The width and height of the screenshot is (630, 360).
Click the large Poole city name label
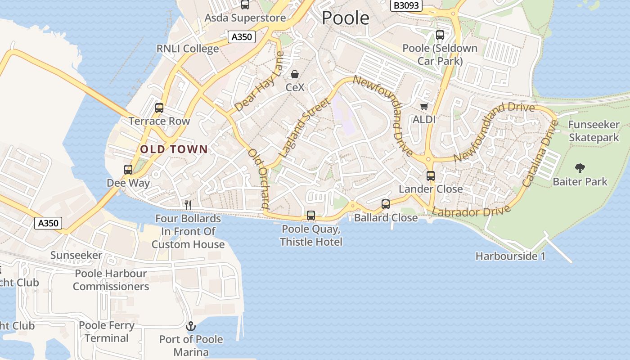[346, 18]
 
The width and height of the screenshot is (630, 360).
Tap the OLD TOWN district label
[174, 149]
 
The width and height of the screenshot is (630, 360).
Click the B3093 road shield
[406, 5]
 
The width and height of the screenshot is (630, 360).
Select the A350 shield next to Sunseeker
[48, 223]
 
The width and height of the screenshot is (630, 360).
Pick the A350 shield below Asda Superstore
[241, 37]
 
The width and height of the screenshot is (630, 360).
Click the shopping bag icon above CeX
[295, 74]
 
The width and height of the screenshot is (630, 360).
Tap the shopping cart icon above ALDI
[424, 107]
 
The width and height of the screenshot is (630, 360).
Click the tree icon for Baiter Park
[580, 168]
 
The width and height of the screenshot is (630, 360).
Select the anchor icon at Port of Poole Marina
[191, 326]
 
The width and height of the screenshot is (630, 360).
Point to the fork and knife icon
[188, 205]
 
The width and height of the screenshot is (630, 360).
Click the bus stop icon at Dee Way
[128, 170]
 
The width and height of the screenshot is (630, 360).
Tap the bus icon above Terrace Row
[159, 108]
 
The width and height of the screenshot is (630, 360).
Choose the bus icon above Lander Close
[431, 176]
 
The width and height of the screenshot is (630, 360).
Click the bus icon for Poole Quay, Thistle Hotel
[311, 216]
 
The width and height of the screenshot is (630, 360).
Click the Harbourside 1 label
[510, 256]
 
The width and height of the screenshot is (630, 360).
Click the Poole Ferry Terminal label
[107, 332]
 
